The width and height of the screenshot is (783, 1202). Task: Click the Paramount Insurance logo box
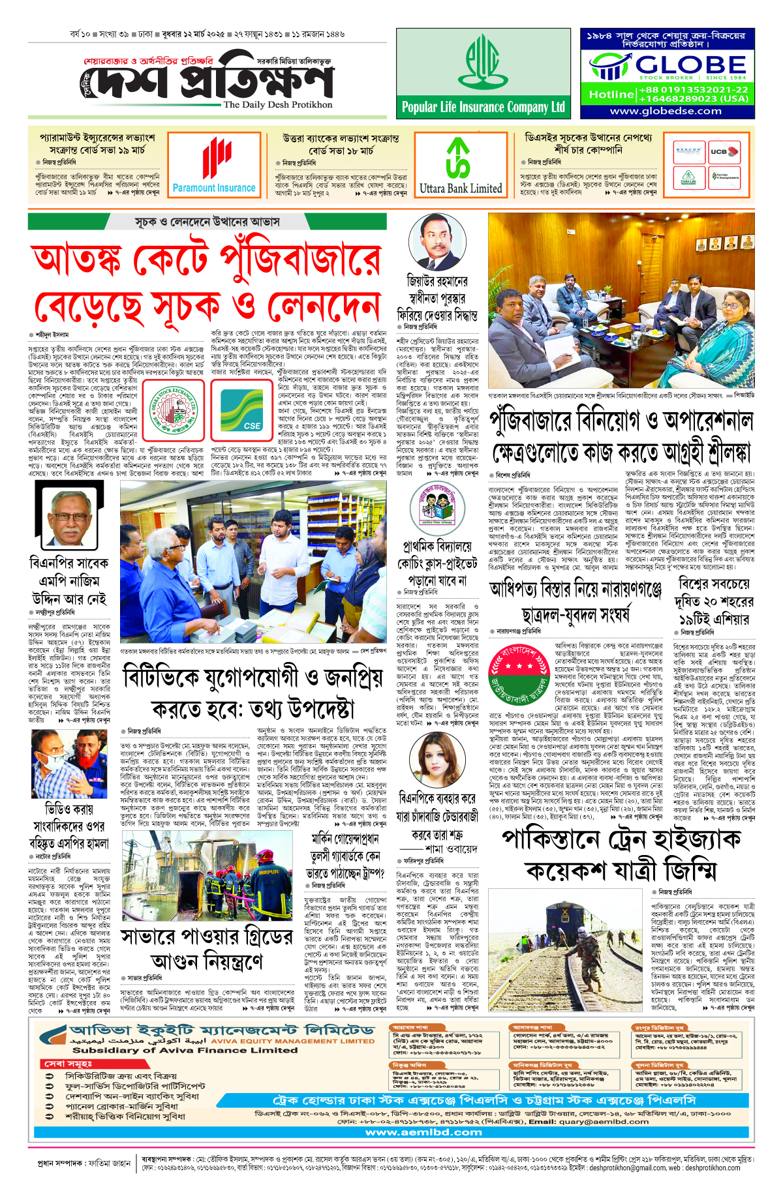pyautogui.click(x=214, y=165)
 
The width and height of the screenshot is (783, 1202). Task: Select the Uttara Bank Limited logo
pyautogui.click(x=460, y=165)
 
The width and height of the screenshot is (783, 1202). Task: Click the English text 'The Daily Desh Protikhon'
pyautogui.click(x=277, y=104)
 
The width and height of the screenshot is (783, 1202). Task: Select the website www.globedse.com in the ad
pyautogui.click(x=666, y=111)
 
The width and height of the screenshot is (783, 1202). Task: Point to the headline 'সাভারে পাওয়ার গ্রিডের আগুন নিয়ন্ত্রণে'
pyautogui.click(x=207, y=950)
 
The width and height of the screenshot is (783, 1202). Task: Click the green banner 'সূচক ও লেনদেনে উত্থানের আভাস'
pyautogui.click(x=207, y=222)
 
